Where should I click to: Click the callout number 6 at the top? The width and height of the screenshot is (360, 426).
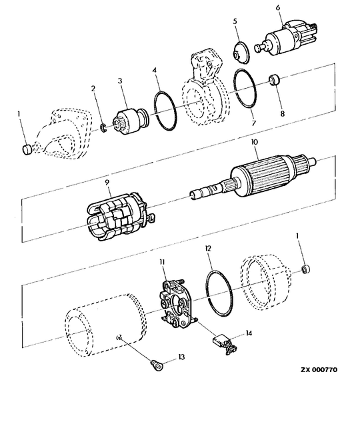[x=278, y=7]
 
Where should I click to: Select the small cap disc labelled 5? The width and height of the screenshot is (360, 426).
[x=241, y=53]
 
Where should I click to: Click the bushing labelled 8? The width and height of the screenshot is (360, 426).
[x=275, y=81]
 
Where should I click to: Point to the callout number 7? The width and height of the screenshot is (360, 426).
[x=254, y=123]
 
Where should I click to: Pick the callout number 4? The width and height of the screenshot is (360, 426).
[x=154, y=70]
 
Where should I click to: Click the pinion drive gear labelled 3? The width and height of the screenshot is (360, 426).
[x=131, y=121]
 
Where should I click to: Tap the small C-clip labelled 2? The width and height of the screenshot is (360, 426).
[x=103, y=128]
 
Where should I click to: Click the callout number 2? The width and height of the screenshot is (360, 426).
[x=93, y=88]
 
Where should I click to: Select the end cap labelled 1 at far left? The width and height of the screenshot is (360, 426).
[x=27, y=150]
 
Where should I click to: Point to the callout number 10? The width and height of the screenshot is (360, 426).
[x=255, y=142]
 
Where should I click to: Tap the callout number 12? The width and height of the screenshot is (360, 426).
[x=209, y=248]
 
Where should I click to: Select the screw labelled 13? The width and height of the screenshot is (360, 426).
[x=157, y=365]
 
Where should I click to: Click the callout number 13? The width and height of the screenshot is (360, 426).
[x=181, y=357]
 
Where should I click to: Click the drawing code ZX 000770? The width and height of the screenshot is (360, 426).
[x=319, y=370]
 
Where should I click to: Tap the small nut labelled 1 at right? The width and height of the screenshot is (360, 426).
[x=306, y=269]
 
